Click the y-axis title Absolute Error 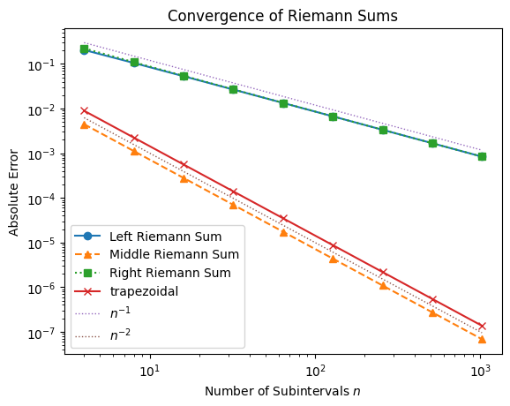pos(13,192)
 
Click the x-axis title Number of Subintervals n pos(283,390)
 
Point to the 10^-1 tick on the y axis pos(44,65)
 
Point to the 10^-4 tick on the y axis pos(44,199)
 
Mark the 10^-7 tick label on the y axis pos(44,333)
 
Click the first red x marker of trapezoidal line pos(84,111)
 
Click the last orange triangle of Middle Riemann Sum pos(483,339)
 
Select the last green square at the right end pos(483,156)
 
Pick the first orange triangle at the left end pos(84,124)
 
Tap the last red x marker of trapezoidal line pos(483,326)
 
